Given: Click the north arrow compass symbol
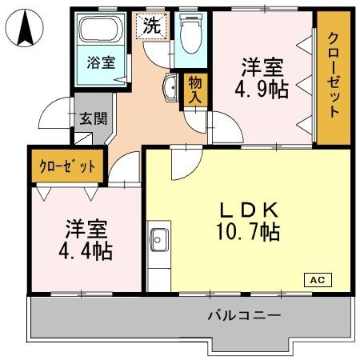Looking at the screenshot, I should tap(25, 30).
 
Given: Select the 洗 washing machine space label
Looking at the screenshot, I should tap(150, 26).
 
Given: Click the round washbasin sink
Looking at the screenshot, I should tap(170, 89).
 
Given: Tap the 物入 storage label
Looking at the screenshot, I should tap(194, 89).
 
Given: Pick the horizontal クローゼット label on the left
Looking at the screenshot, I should tap(67, 167).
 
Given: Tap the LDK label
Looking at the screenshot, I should tap(250, 210).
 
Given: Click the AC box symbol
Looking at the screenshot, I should tap(316, 280).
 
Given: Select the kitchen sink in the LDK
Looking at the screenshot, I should tap(158, 239).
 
